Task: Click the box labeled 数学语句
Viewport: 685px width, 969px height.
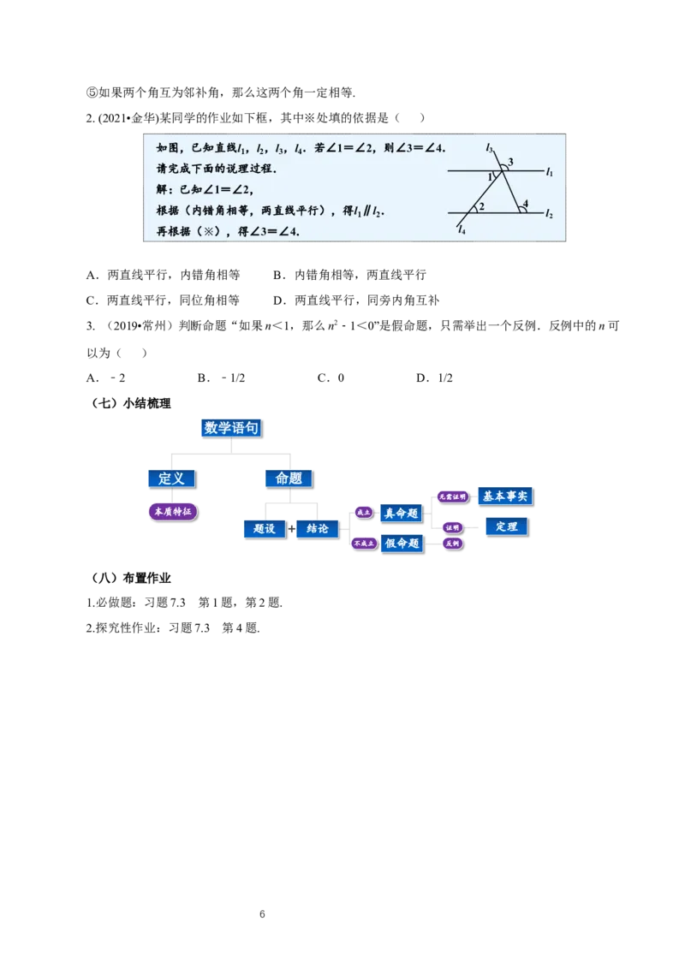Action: pos(231,428)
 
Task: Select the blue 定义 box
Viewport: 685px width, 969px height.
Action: pos(171,479)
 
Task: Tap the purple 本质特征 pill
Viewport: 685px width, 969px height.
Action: pos(172,512)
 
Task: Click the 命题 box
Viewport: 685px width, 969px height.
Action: pos(289,479)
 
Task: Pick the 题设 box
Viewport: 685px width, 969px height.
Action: pos(264,529)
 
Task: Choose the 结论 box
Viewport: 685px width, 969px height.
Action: pos(317,529)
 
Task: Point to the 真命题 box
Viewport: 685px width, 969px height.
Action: pos(402,514)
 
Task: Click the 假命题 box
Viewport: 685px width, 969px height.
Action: pos(402,544)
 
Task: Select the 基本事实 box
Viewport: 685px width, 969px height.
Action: pos(505,496)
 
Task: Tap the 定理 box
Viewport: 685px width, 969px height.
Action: pos(506,526)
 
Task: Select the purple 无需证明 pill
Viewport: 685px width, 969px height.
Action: pos(453,496)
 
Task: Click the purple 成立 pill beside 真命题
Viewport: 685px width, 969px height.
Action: pos(363,513)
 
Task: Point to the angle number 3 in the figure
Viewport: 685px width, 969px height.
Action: pos(511,162)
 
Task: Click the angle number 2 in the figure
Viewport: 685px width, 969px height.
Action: pos(482,206)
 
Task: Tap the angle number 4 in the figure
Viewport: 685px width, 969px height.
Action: pos(525,204)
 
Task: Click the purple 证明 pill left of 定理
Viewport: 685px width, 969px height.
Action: pos(453,527)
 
